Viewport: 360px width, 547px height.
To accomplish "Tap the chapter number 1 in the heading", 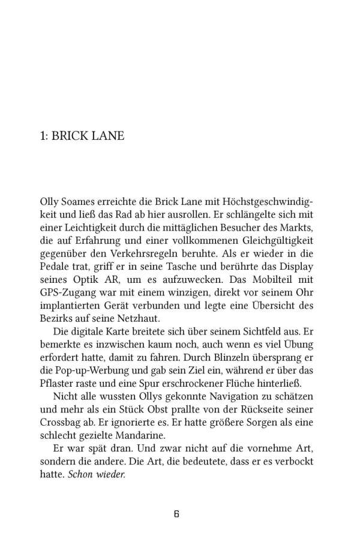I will tap(41, 136).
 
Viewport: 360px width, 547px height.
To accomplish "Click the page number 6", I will tap(176, 515).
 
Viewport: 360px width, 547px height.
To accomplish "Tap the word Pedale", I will tap(54, 267).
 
